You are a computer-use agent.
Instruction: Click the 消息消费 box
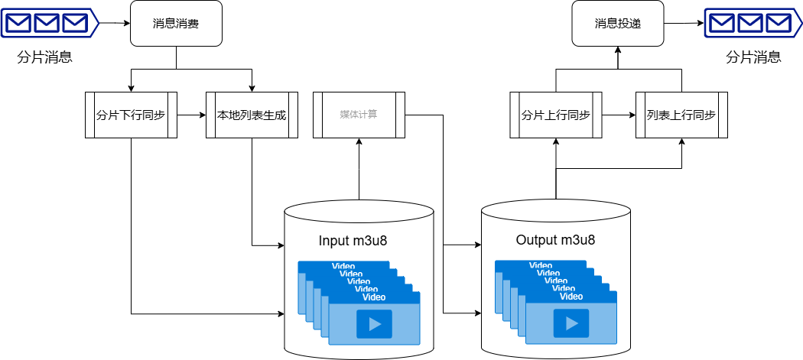176,24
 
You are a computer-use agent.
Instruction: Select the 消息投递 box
618,24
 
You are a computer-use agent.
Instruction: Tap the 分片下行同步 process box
131,115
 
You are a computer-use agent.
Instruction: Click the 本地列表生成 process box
252,115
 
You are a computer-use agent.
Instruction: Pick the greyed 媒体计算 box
359,115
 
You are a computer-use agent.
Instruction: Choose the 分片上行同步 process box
556,115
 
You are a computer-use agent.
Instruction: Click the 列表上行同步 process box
681,115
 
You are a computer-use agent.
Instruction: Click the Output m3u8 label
555,240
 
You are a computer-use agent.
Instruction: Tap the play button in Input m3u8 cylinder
374,323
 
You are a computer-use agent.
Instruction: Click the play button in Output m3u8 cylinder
571,323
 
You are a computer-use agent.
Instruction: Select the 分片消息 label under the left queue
44,58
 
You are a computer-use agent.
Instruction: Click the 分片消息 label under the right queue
753,57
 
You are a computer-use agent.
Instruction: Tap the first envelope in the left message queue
18,24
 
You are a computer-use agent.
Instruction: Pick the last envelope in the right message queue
777,24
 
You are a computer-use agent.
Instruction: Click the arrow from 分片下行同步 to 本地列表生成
191,115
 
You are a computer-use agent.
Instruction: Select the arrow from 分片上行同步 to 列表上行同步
619,115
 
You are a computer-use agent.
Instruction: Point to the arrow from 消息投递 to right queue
684,24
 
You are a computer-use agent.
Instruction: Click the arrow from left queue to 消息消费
115,24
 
